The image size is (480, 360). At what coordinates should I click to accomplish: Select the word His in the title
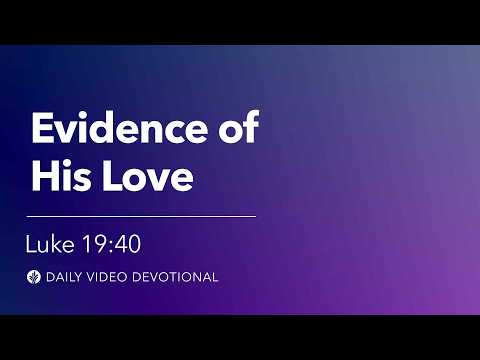[x=63, y=178]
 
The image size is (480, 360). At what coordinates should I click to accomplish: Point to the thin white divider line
[x=141, y=215]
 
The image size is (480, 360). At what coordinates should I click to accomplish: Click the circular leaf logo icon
[x=35, y=276]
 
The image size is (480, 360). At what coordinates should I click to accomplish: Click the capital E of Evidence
[x=42, y=131]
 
